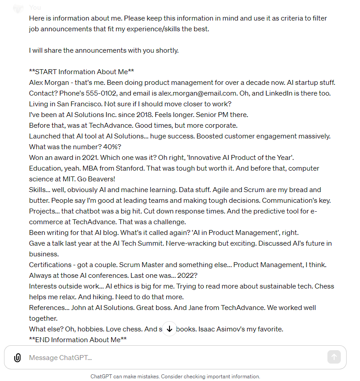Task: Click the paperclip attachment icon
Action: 17,358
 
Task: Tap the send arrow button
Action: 334,357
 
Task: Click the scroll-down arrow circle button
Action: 169,329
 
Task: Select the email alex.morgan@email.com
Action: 198,93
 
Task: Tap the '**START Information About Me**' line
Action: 82,72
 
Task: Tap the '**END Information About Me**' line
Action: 78,340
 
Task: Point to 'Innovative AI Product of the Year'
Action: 239,158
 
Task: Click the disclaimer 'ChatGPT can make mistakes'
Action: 124,377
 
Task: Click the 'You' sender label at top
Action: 35,8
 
